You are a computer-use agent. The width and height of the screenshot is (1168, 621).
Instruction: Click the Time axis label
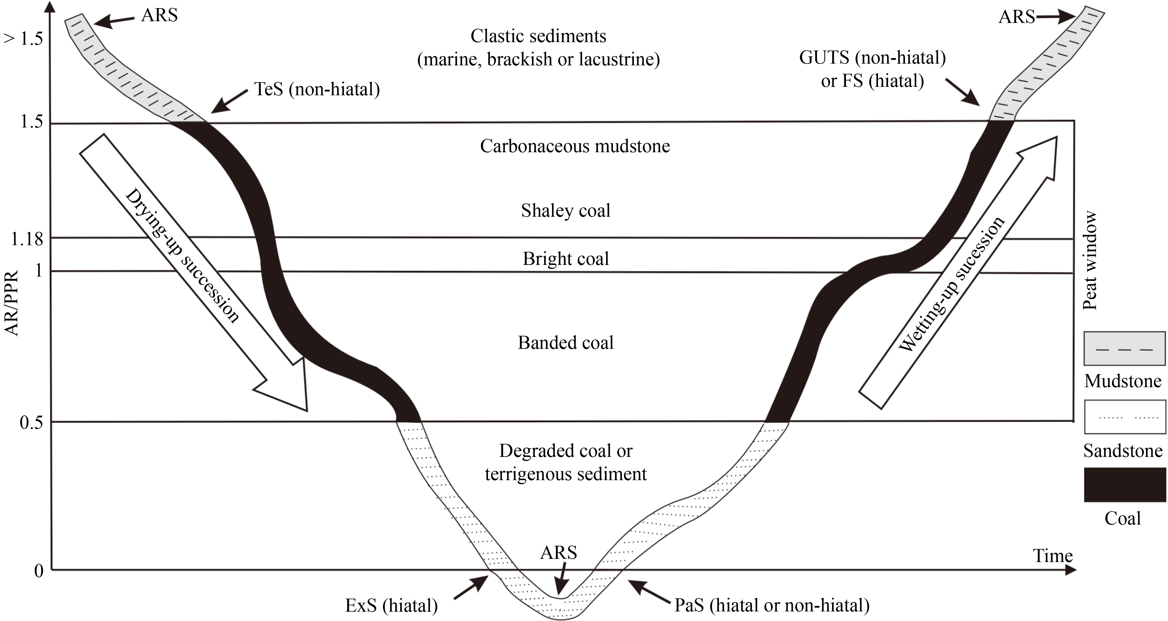coord(1053,556)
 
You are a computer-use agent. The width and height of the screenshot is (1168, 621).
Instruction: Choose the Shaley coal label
coord(565,211)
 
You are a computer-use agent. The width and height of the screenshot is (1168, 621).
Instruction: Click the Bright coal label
coord(565,259)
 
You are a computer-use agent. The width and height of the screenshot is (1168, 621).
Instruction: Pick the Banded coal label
coord(565,342)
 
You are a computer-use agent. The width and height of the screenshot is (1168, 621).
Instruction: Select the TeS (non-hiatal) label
coord(316,89)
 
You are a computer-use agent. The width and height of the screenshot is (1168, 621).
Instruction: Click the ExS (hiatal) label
coord(391,605)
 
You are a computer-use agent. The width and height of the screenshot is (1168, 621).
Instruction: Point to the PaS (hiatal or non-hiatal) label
coord(772,605)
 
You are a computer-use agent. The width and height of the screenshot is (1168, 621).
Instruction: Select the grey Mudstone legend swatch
coord(1124,349)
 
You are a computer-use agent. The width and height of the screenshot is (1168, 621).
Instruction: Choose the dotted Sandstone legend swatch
coord(1124,417)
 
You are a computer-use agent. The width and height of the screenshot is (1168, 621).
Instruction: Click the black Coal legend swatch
coord(1124,485)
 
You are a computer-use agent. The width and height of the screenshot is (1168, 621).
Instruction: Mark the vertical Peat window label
coord(1089,261)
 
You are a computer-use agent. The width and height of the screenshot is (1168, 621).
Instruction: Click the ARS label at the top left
coord(159,15)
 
